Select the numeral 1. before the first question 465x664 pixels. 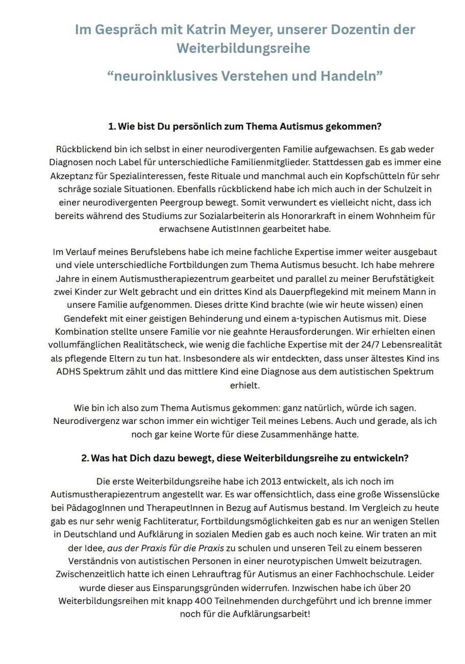pyautogui.click(x=112, y=126)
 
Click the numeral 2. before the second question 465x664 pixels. pyautogui.click(x=85, y=458)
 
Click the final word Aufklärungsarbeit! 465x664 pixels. pyautogui.click(x=271, y=614)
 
